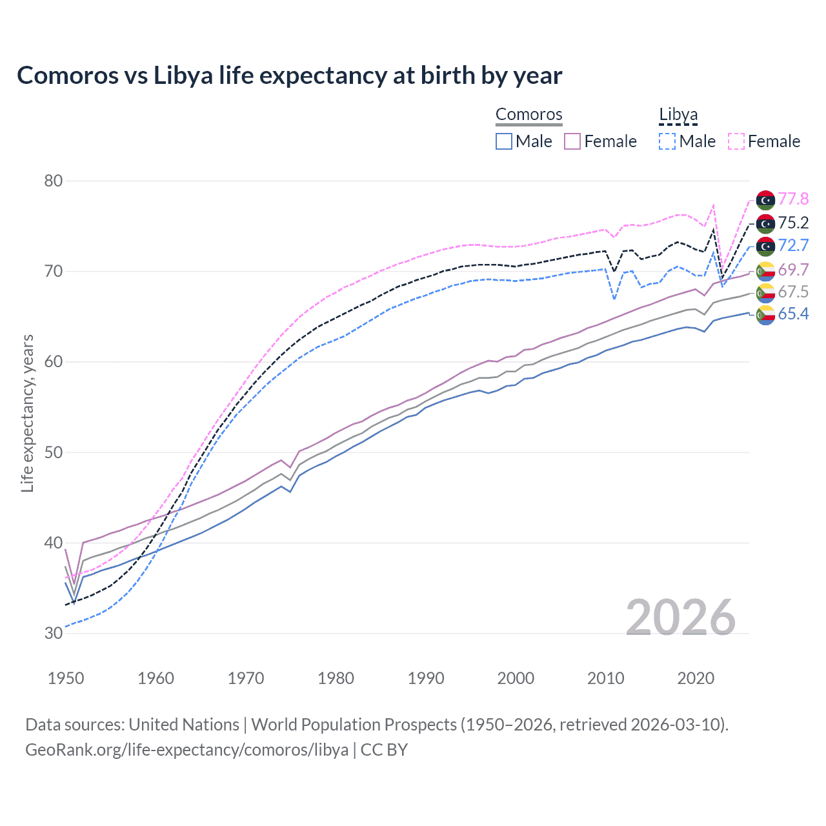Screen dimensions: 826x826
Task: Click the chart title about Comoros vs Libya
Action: pyautogui.click(x=289, y=76)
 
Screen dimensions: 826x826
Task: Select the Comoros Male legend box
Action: pyautogui.click(x=504, y=141)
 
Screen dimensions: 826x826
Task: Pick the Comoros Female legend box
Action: pyautogui.click(x=573, y=141)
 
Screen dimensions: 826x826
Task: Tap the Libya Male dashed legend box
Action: pyautogui.click(x=667, y=141)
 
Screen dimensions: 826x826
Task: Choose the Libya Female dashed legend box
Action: pyautogui.click(x=736, y=141)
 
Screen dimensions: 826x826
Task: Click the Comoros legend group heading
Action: pyautogui.click(x=529, y=115)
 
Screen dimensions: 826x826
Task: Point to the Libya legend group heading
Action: pyautogui.click(x=678, y=115)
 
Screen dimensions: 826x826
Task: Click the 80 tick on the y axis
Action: pyautogui.click(x=54, y=181)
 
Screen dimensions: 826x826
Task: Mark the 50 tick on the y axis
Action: pyautogui.click(x=54, y=452)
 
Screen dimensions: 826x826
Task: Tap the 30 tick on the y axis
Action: pyautogui.click(x=54, y=633)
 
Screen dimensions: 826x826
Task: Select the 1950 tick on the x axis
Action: pyautogui.click(x=66, y=678)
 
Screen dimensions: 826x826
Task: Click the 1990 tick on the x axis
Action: pyautogui.click(x=426, y=678)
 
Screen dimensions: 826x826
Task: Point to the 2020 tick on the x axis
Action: pyautogui.click(x=696, y=678)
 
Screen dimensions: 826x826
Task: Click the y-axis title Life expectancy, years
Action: pyautogui.click(x=27, y=414)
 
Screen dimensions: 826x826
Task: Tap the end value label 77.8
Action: pyautogui.click(x=793, y=199)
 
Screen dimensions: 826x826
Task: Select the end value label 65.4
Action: pyautogui.click(x=793, y=314)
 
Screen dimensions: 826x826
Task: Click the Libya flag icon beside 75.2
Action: pyautogui.click(x=765, y=223)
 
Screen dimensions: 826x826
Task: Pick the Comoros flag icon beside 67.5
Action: pyautogui.click(x=765, y=292)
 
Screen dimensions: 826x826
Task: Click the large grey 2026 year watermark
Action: pyautogui.click(x=681, y=618)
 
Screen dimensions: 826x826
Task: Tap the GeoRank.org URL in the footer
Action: pyautogui.click(x=186, y=750)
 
